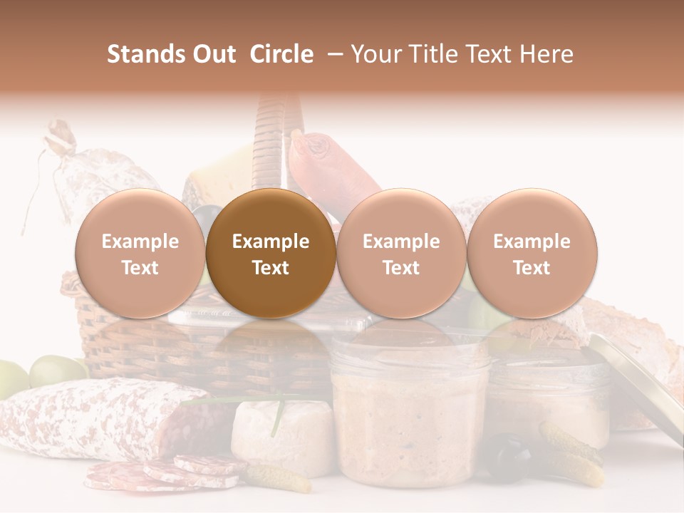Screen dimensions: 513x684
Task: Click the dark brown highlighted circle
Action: (271, 254)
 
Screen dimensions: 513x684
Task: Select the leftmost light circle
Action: (140, 254)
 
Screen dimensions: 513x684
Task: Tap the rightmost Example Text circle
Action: (532, 254)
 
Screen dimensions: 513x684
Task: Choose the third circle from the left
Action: (401, 254)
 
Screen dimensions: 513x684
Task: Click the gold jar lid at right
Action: (634, 385)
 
